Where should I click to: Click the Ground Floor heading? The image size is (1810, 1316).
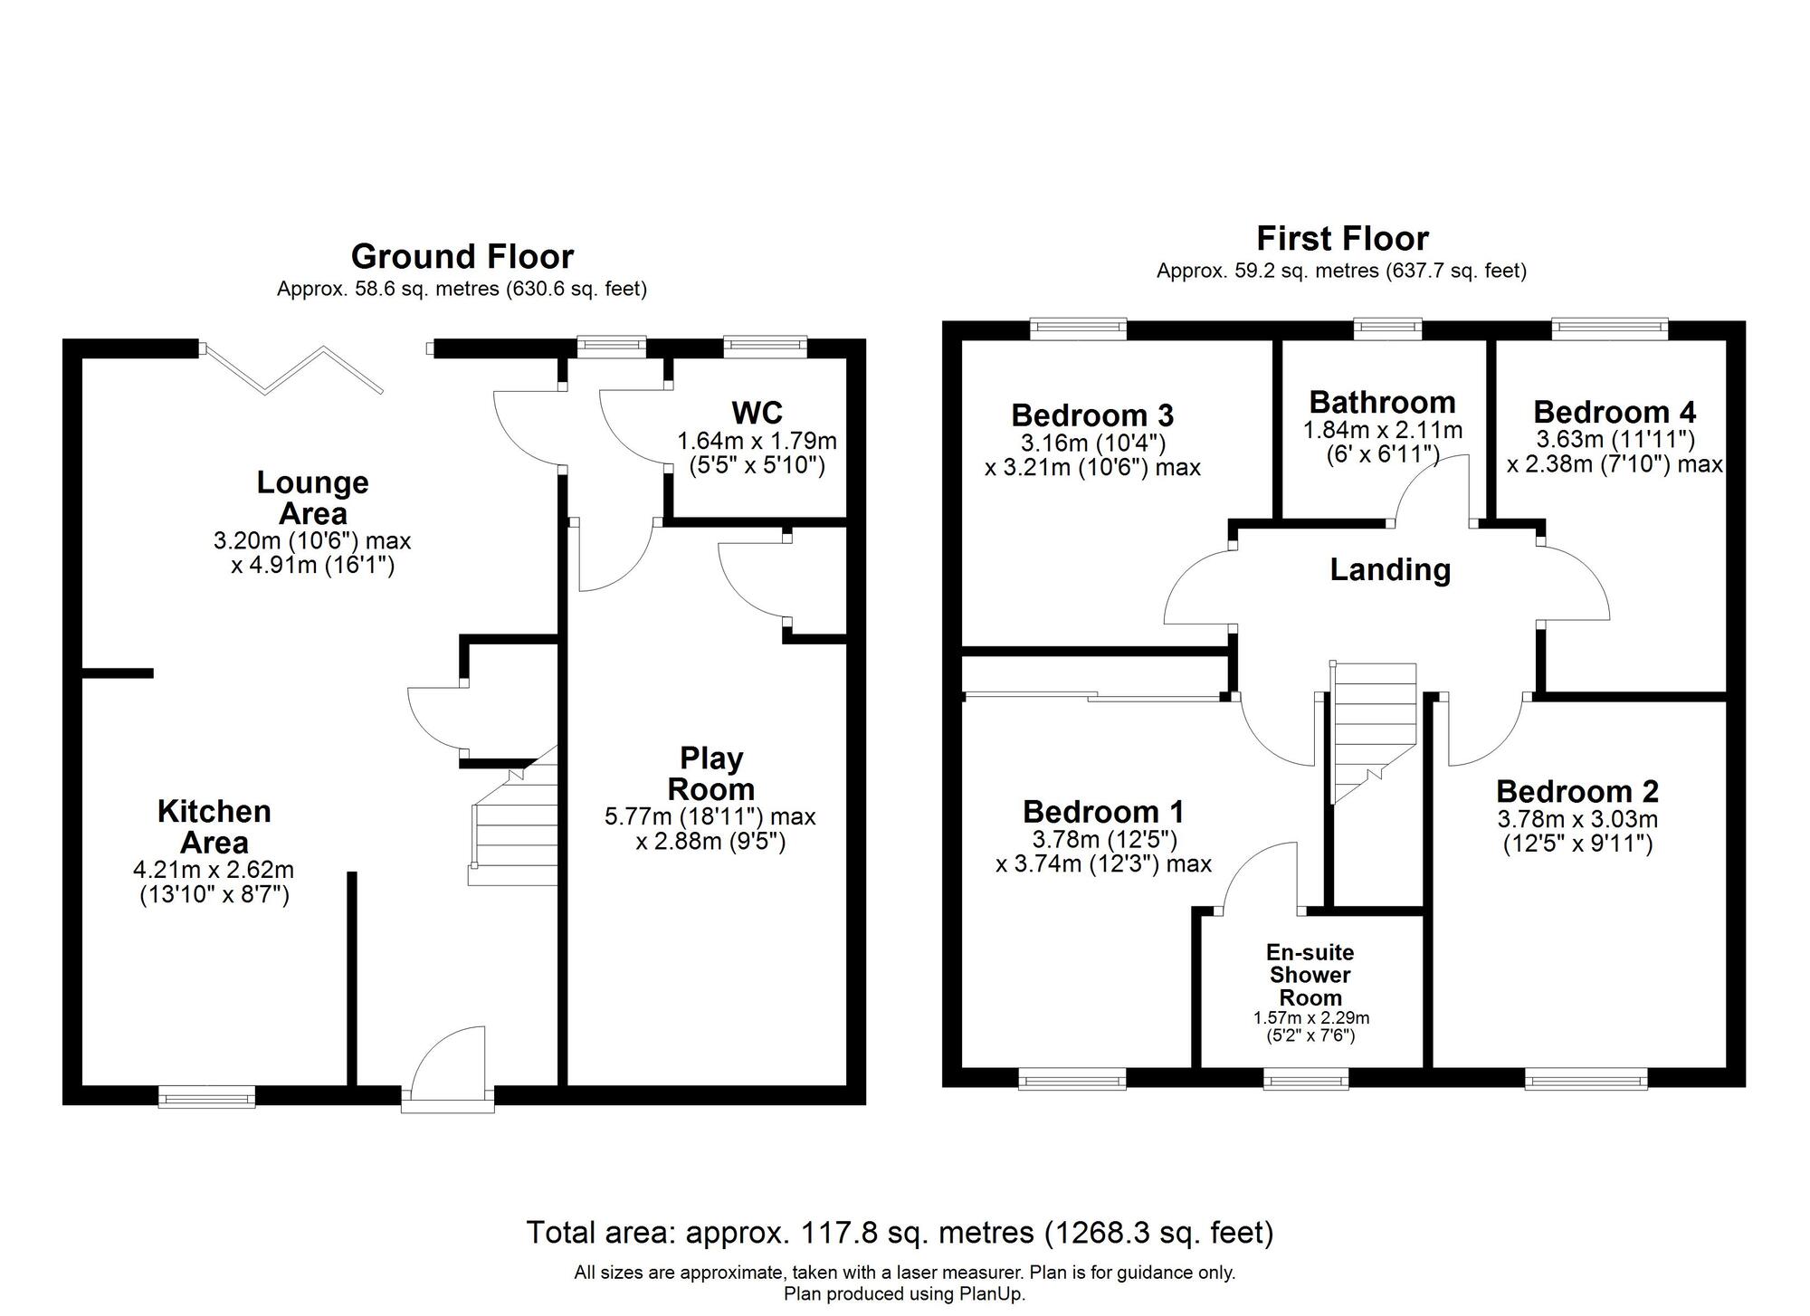point(462,257)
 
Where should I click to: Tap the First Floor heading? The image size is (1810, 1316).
point(1342,239)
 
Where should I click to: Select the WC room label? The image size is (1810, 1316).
point(757,413)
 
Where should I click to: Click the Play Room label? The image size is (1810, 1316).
point(711,773)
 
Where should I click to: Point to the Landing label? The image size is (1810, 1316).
point(1390,569)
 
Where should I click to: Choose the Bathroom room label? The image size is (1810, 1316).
point(1382,402)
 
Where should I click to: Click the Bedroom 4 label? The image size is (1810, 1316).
point(1615,412)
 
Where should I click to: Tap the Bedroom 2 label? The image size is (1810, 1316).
point(1577,791)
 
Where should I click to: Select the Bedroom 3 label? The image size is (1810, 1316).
point(1092,415)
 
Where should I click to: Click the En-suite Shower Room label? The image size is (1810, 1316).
point(1310,975)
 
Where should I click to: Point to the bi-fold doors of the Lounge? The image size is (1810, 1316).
point(292,369)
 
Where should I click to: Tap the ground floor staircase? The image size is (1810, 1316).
point(513,815)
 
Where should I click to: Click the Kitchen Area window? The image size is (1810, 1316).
point(206,1097)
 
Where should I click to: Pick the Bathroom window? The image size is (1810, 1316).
point(1387,329)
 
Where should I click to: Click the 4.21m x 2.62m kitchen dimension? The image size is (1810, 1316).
point(214,871)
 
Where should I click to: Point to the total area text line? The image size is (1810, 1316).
point(900,1232)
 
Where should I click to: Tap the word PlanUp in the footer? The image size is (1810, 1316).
point(991,1294)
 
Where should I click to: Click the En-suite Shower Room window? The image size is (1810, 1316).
point(1306,1078)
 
